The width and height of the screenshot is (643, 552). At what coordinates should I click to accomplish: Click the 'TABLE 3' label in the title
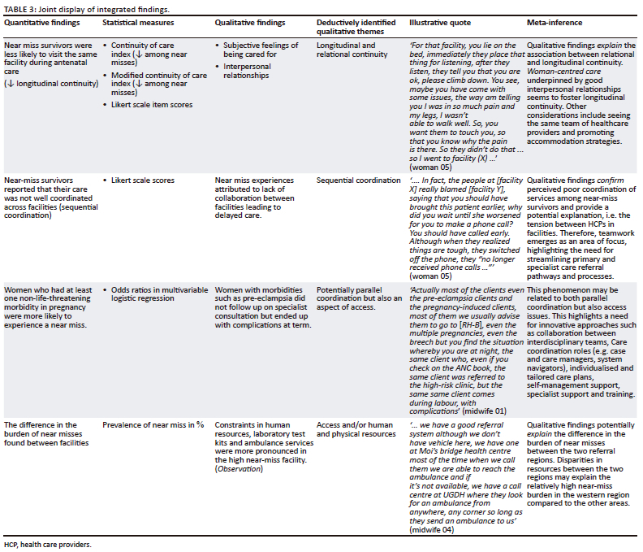[x=18, y=7]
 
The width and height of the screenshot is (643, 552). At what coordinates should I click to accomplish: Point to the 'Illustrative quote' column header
[x=442, y=24]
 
